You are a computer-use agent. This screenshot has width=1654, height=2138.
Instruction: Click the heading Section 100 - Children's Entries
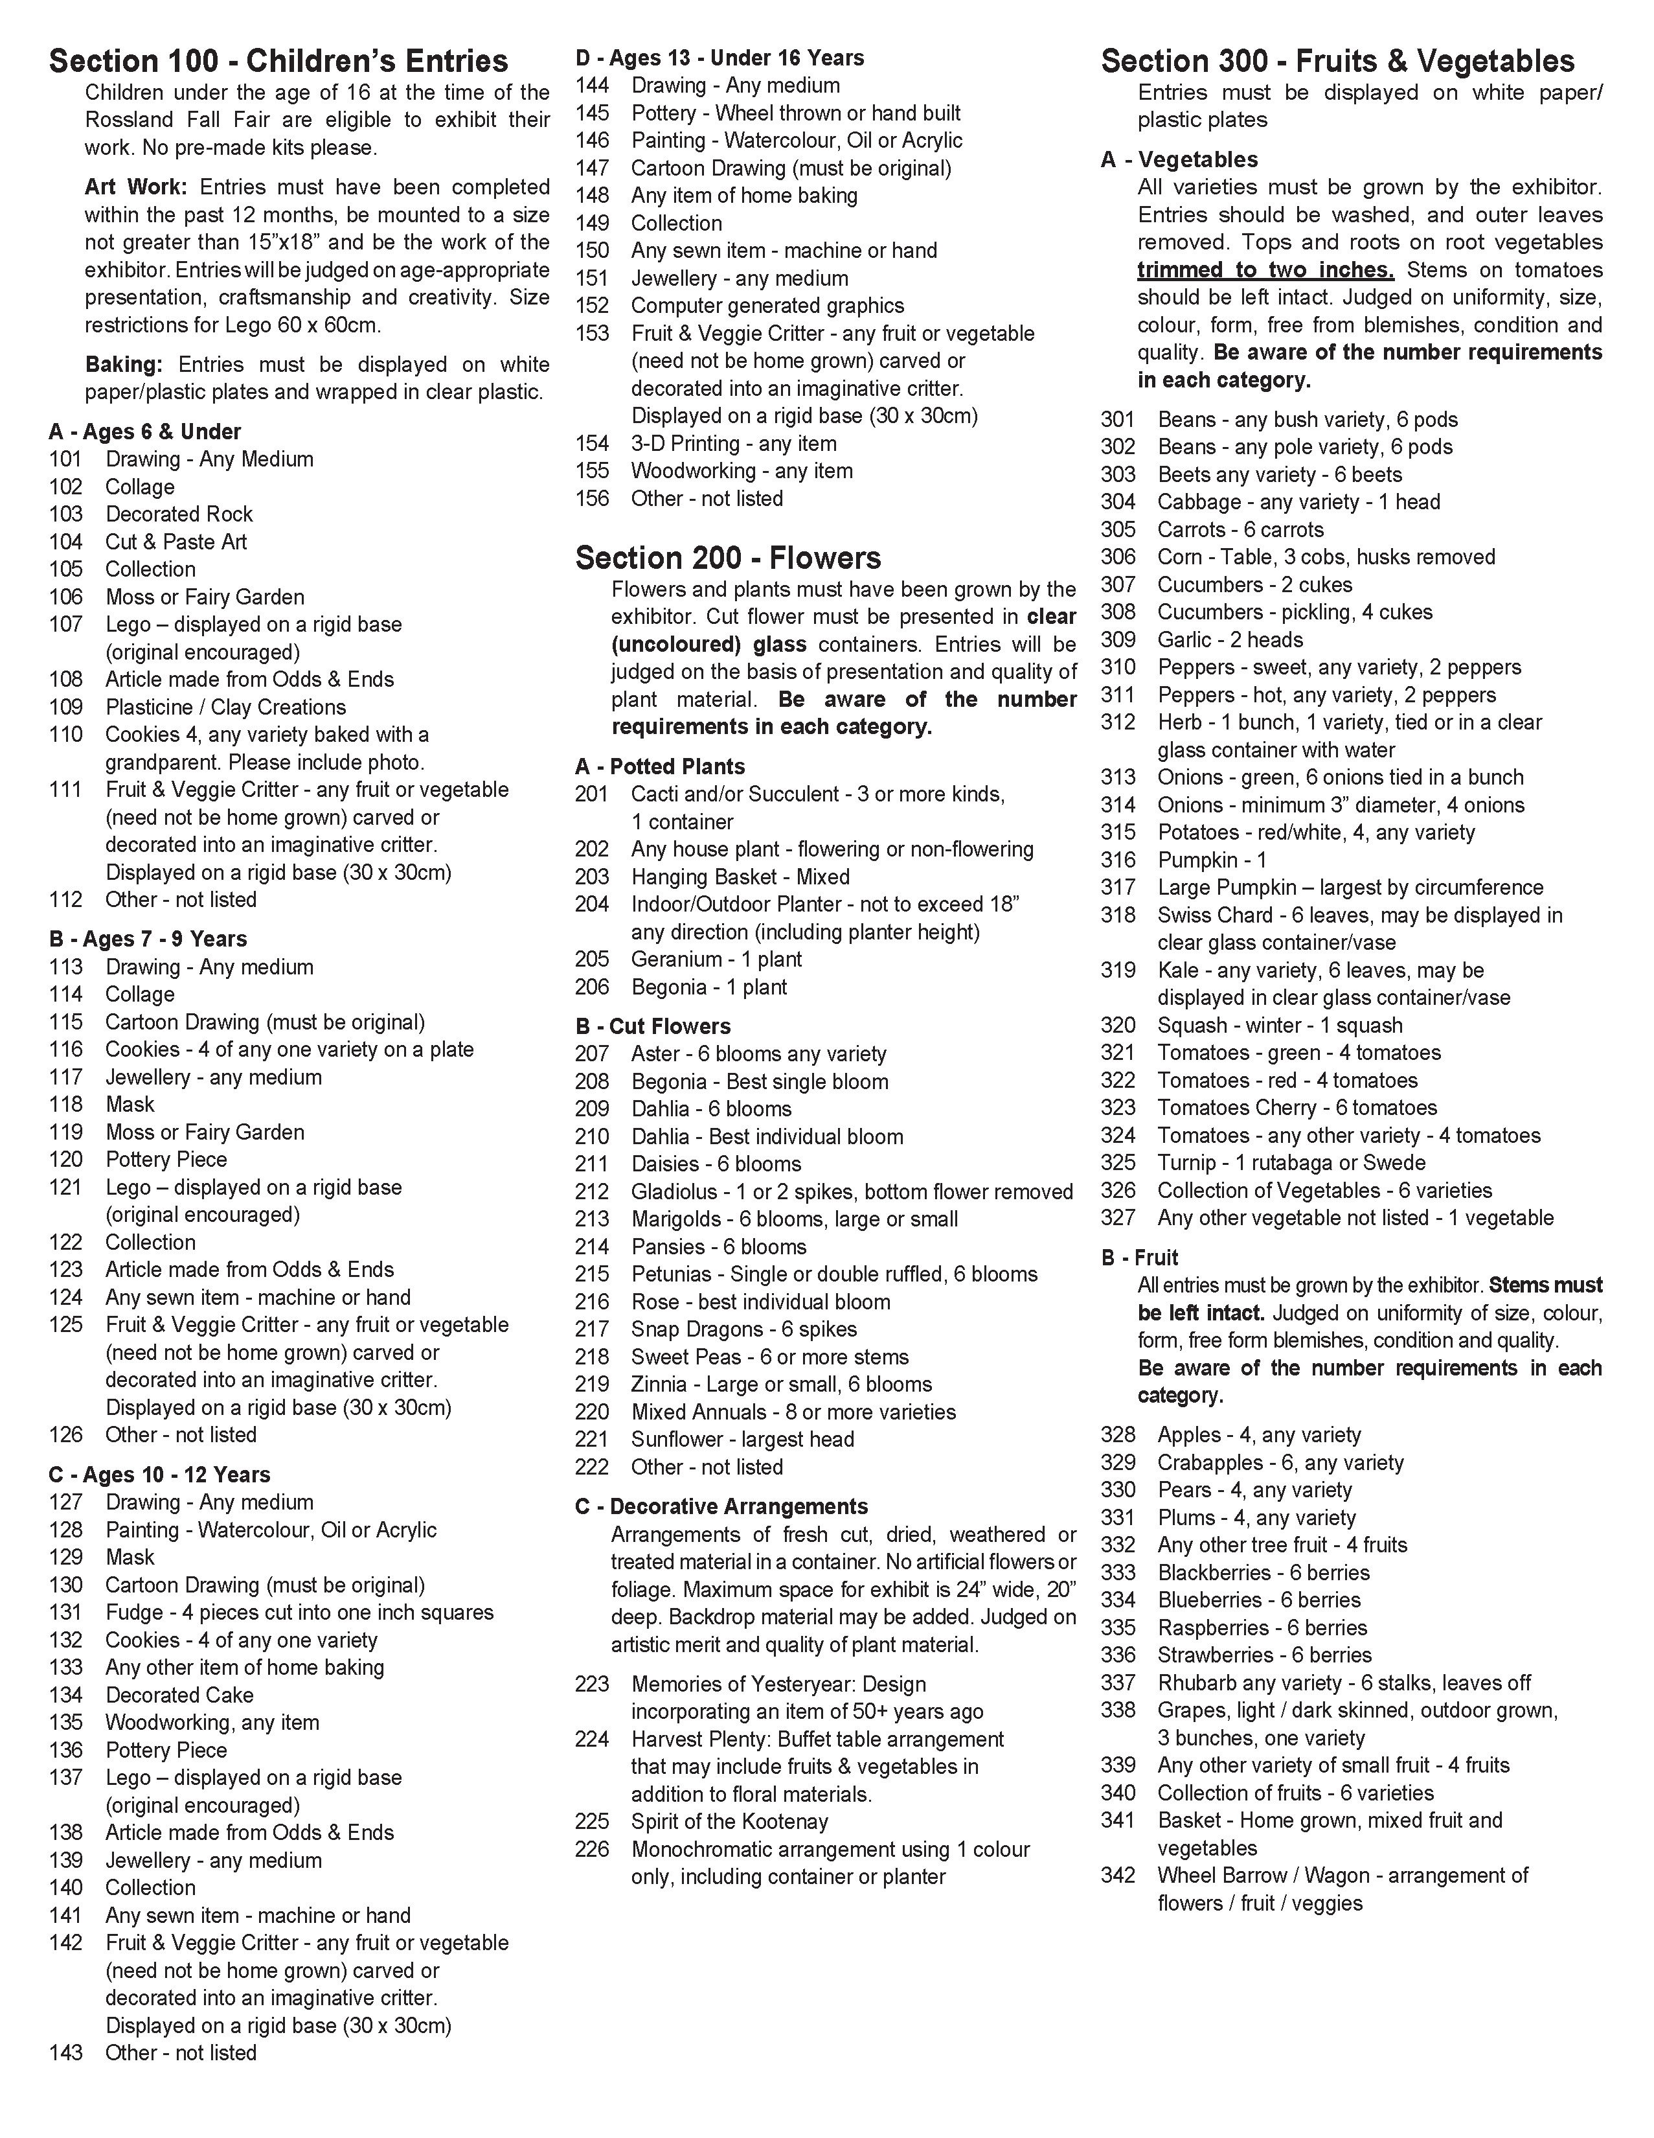(279, 62)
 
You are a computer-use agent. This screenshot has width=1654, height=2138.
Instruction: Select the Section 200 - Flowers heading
(727, 558)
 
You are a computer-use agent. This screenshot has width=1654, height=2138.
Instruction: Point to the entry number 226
(592, 1849)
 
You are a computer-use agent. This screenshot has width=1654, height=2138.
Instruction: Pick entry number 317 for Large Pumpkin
(1118, 887)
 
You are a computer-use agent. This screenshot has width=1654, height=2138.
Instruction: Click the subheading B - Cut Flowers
(653, 1026)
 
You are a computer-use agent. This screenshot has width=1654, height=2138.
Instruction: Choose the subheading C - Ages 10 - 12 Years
(159, 1475)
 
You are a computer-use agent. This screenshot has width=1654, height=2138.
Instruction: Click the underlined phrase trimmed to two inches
(1265, 270)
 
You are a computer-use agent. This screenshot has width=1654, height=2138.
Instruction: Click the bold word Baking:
(123, 364)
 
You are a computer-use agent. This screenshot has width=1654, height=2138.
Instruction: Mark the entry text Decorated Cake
(179, 1695)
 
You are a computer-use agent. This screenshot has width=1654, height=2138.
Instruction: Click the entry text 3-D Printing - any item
(734, 443)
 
